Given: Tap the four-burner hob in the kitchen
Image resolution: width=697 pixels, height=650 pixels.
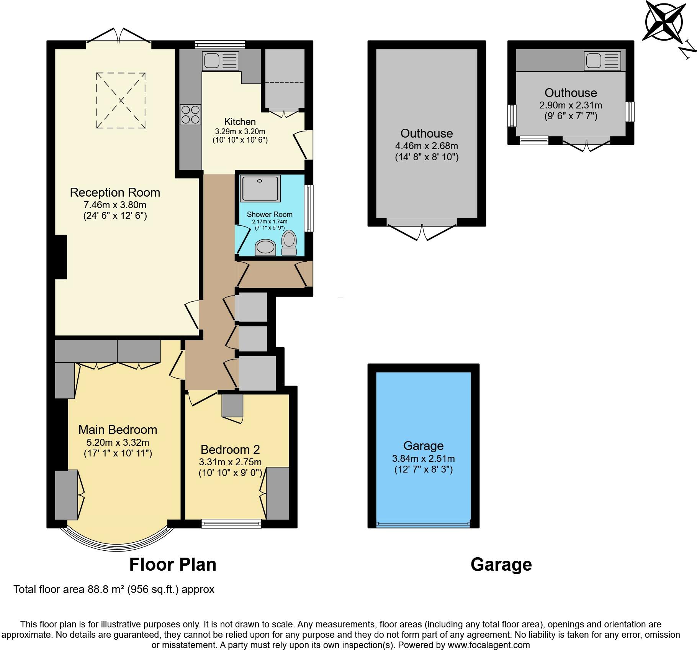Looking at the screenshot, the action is tap(190, 115).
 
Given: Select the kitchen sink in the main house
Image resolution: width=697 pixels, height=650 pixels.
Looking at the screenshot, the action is tap(221, 61).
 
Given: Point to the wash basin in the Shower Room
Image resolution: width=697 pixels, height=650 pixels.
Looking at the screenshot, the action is tap(265, 247).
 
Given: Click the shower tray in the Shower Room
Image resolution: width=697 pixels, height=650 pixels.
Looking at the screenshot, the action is tap(260, 188).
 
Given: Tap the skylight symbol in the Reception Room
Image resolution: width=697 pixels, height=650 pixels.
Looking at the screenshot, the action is tap(121, 100).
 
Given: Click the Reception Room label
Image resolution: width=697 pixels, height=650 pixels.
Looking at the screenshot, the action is tap(115, 192).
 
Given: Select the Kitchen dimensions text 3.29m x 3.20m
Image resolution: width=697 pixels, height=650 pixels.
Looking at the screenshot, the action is tap(240, 131).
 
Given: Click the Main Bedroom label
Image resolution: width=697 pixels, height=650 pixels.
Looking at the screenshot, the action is tap(118, 430).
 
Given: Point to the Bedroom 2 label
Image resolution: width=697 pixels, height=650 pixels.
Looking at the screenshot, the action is tap(230, 449).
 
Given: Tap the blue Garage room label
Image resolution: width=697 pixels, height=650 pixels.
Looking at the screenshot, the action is tap(424, 446).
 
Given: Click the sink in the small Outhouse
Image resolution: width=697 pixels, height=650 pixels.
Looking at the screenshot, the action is tap(602, 61).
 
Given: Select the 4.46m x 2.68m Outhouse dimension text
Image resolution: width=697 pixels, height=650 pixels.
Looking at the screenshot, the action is tap(427, 146).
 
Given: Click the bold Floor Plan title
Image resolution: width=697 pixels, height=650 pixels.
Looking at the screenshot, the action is tap(173, 565).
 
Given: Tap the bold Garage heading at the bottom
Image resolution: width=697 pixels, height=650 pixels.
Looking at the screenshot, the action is tap(501, 565).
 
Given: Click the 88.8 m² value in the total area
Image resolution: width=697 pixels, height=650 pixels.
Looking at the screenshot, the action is tap(106, 589).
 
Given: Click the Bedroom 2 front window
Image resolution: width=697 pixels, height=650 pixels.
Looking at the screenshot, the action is tap(231, 524).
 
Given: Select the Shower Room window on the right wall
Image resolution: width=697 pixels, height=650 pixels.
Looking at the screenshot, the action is tap(309, 208).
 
